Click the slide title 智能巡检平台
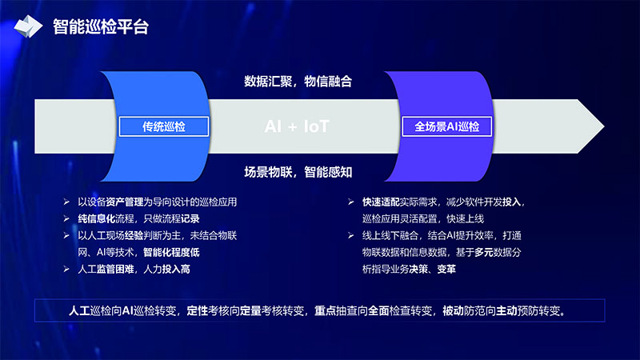(x=101, y=27)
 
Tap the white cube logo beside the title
(x=28, y=26)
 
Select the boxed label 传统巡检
(x=164, y=126)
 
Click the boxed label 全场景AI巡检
(x=447, y=126)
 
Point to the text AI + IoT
(x=297, y=126)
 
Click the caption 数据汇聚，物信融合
(x=298, y=82)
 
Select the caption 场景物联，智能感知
(x=298, y=172)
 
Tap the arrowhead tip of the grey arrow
(x=604, y=126)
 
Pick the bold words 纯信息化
(x=96, y=218)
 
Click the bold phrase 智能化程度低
(x=171, y=252)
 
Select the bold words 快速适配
(x=381, y=202)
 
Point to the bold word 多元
(x=484, y=252)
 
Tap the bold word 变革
(x=446, y=269)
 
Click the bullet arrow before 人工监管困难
(x=66, y=269)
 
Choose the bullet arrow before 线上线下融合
(x=351, y=235)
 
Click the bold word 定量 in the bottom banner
(x=250, y=311)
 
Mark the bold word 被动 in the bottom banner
(x=453, y=311)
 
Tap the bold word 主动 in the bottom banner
(x=506, y=311)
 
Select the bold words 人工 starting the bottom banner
(x=79, y=311)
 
